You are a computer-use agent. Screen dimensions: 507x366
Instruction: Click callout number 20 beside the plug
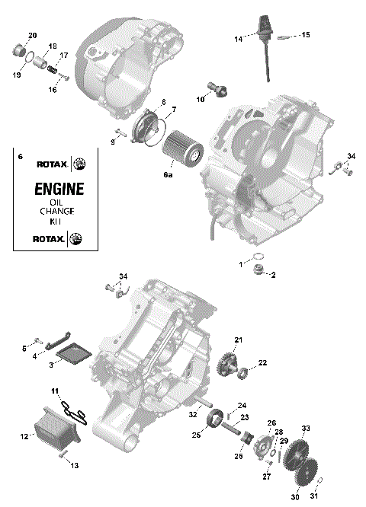tap(32, 36)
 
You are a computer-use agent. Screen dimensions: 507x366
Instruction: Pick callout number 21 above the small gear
tap(238, 340)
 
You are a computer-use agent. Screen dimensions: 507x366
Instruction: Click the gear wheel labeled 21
tap(228, 361)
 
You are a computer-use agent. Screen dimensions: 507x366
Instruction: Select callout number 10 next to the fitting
tap(201, 98)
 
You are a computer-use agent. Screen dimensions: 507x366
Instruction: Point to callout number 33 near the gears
tap(306, 429)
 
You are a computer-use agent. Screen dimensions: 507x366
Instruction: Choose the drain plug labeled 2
tap(258, 272)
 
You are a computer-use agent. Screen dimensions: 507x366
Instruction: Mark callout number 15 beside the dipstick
tap(306, 35)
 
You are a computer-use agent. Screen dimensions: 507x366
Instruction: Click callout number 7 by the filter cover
tap(173, 110)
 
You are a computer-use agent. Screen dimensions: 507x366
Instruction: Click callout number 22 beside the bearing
tap(262, 362)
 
